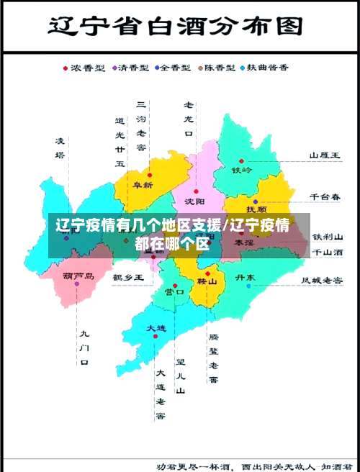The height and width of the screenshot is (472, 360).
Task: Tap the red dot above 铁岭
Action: [x=241, y=161]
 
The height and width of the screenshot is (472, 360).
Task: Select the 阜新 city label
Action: [x=143, y=185]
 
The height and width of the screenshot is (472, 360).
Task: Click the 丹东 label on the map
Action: [x=246, y=277]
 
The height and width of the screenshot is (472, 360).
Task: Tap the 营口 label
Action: [x=175, y=291]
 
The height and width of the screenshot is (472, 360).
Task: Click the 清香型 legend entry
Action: [x=133, y=68]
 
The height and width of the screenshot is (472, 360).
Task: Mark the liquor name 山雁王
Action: [x=325, y=155]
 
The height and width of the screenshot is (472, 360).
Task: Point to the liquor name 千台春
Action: [x=325, y=196]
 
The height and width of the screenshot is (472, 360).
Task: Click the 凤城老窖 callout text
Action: [x=322, y=279]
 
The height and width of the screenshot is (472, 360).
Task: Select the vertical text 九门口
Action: [x=84, y=348]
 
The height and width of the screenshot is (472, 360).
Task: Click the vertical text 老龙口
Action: [x=189, y=119]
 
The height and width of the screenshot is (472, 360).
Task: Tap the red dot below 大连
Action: [x=156, y=336]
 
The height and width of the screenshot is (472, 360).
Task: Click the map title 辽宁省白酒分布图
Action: [x=174, y=27]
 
